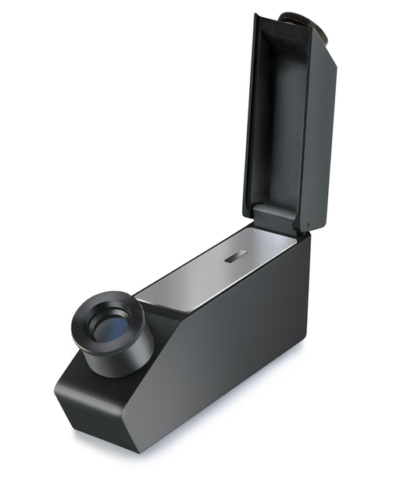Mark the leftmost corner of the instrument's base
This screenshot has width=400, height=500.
pyautogui.click(x=55, y=391)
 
